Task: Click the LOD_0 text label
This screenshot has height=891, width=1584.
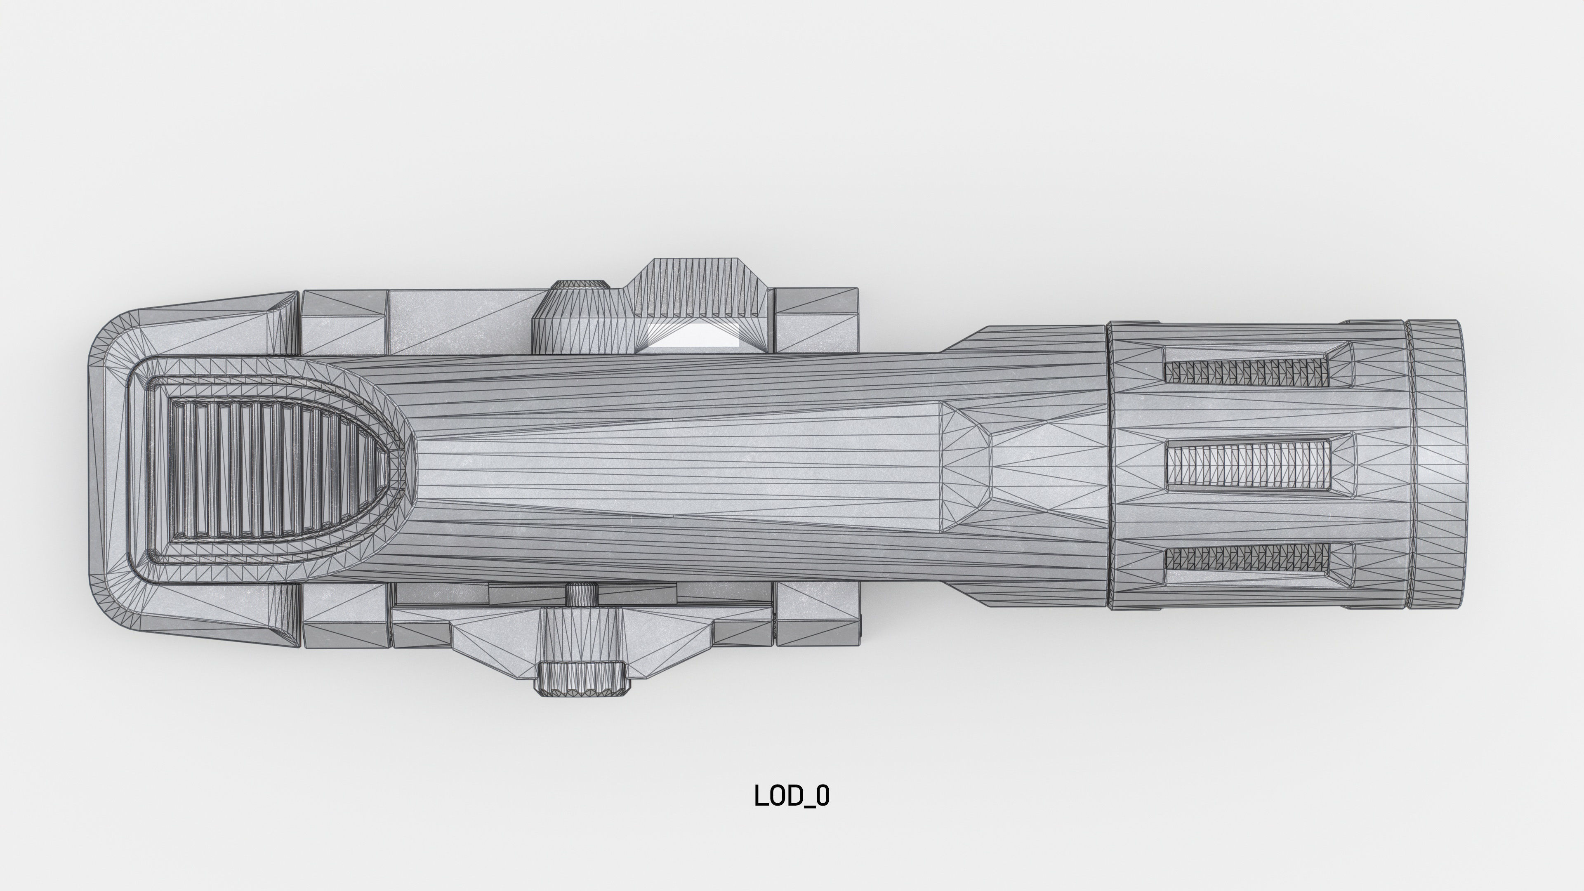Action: [x=792, y=796]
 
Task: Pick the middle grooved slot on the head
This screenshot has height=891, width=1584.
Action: [x=1248, y=465]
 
